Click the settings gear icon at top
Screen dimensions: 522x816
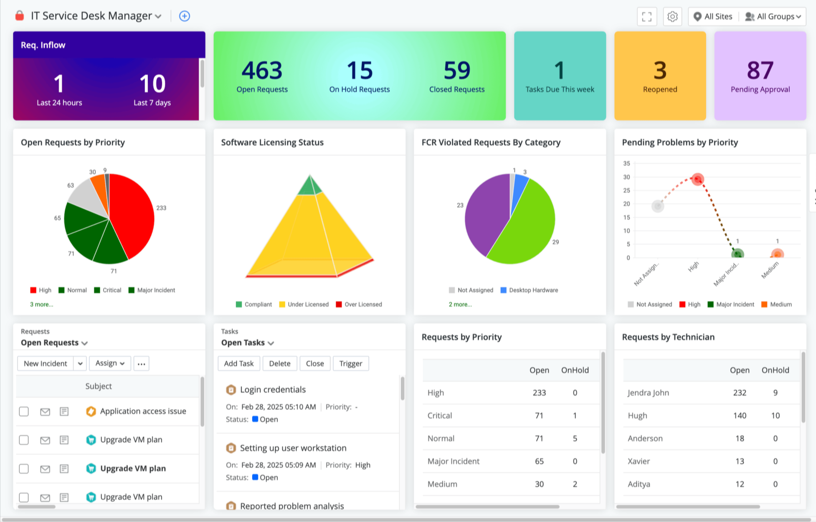[x=672, y=17]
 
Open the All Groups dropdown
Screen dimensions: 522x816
[x=773, y=17]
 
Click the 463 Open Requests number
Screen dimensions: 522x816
[x=262, y=70]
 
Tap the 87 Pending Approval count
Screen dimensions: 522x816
[x=760, y=70]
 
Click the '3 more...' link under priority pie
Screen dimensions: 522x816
[x=41, y=304]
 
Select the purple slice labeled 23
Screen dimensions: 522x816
[x=484, y=213]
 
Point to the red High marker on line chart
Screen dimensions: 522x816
[x=697, y=180]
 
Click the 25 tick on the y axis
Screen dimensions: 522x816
[x=626, y=190]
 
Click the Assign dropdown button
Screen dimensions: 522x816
[x=110, y=363]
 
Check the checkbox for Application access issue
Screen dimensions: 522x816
[x=24, y=411]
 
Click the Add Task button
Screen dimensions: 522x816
[x=238, y=363]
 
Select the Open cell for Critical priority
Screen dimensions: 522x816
[x=539, y=416]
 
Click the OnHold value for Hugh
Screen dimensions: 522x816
[x=775, y=416]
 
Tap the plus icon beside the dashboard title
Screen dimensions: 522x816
[x=184, y=16]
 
